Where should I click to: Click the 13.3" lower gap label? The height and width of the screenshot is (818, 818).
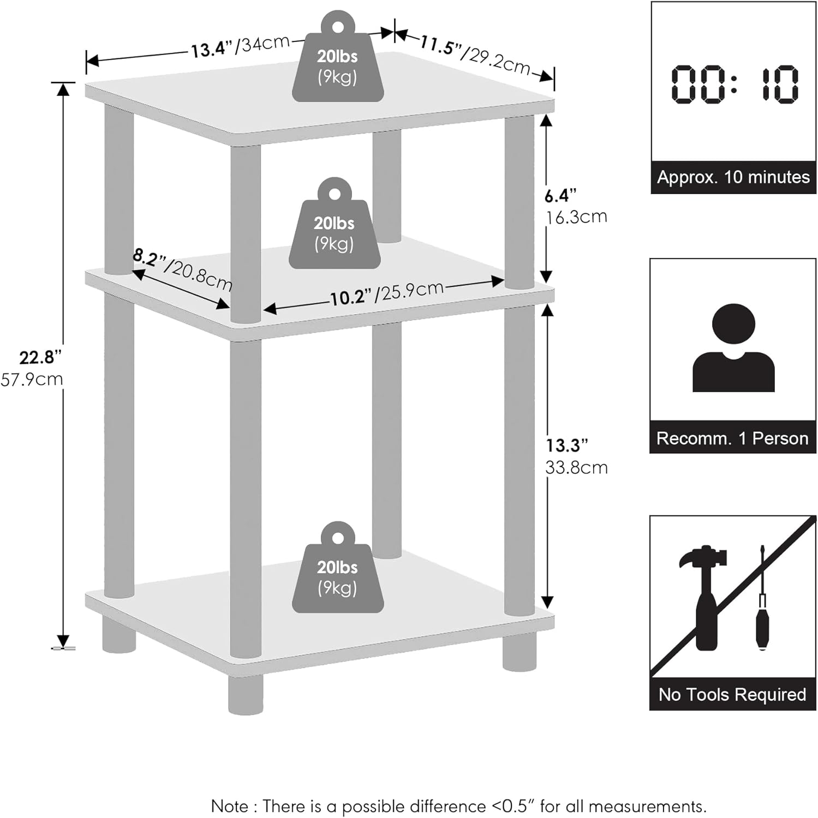click(567, 446)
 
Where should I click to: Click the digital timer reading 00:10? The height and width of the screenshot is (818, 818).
click(733, 84)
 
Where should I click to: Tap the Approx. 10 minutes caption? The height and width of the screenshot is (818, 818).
click(733, 177)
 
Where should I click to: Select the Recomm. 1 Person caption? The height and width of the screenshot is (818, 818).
click(732, 438)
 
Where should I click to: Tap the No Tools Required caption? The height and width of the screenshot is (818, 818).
click(732, 694)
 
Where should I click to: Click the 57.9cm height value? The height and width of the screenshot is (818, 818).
click(32, 379)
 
